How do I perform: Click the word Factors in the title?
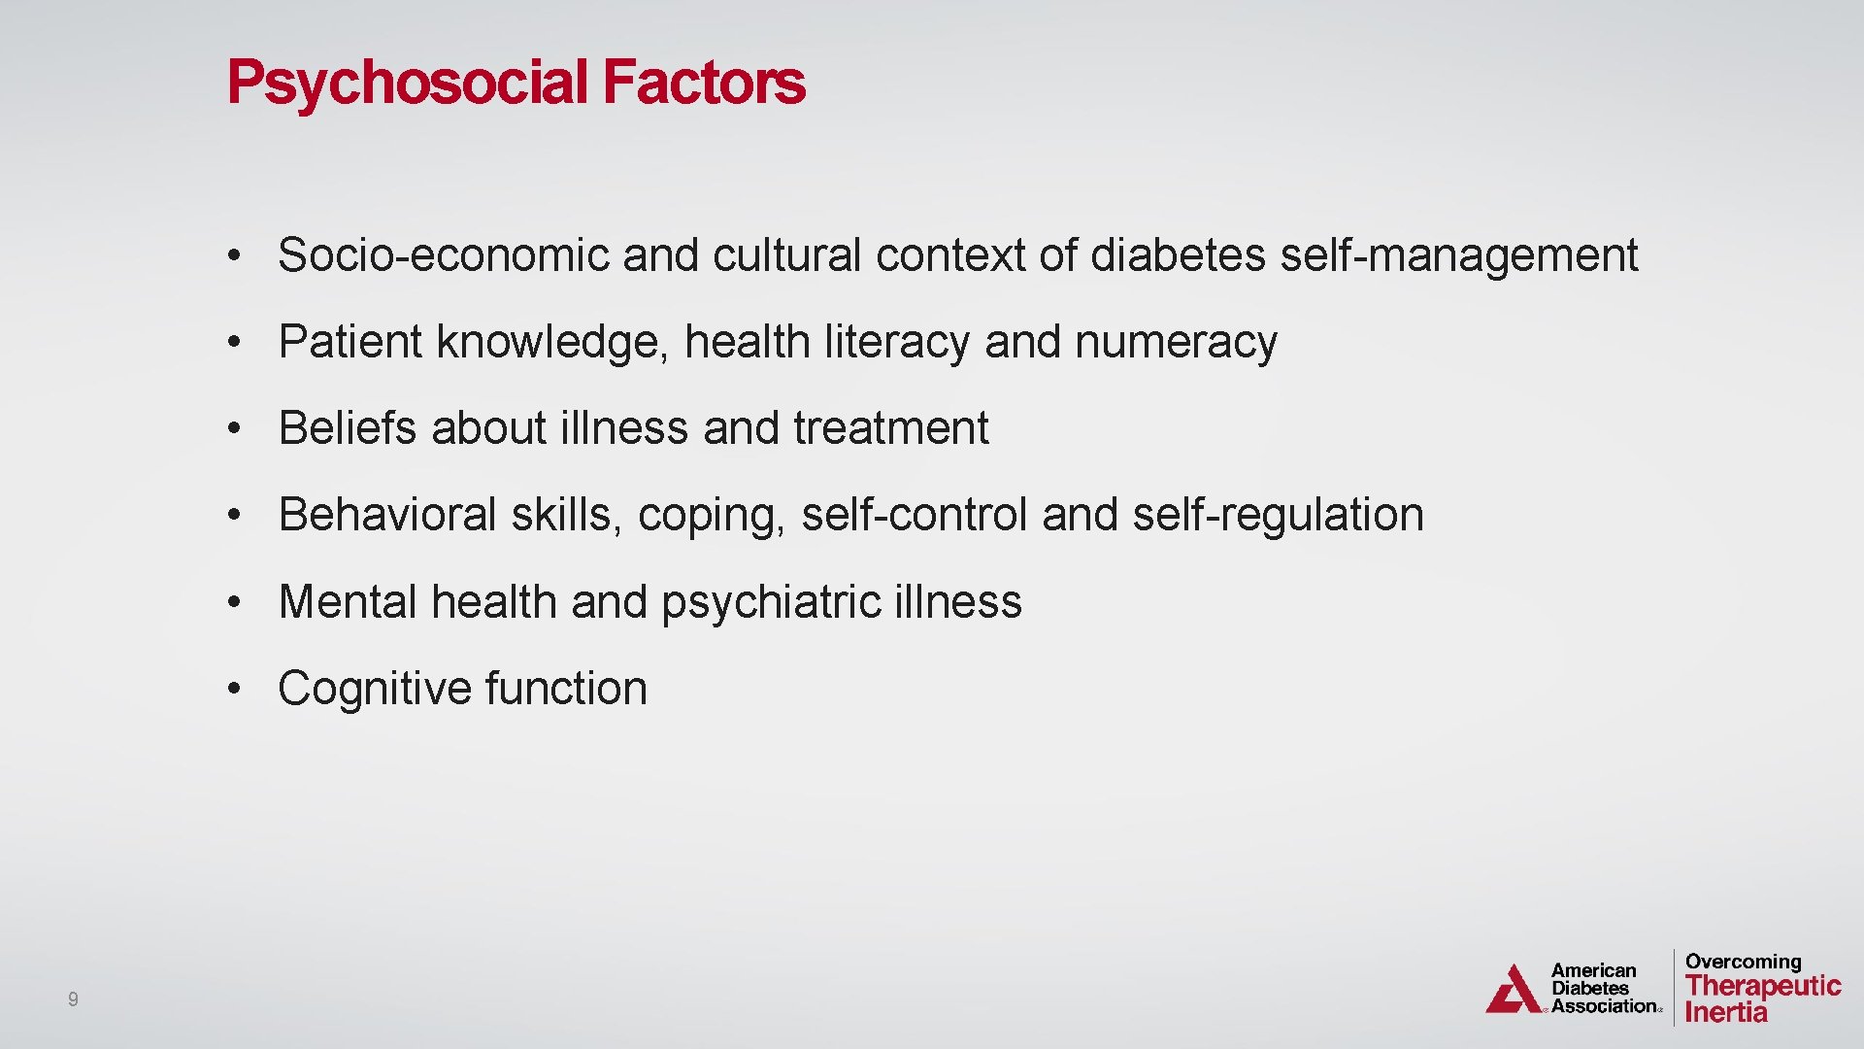tap(704, 83)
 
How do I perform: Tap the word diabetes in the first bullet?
tap(1178, 255)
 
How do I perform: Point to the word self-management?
tap(1459, 255)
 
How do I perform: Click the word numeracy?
tap(1176, 342)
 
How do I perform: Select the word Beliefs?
tap(348, 428)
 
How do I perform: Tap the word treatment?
tap(890, 428)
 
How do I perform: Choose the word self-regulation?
tap(1278, 515)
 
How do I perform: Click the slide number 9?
tap(73, 999)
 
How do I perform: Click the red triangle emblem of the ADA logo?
tap(1513, 991)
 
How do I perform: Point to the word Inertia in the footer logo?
tap(1726, 1012)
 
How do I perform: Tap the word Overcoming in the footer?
tap(1743, 962)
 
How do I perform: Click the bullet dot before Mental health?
tap(233, 602)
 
